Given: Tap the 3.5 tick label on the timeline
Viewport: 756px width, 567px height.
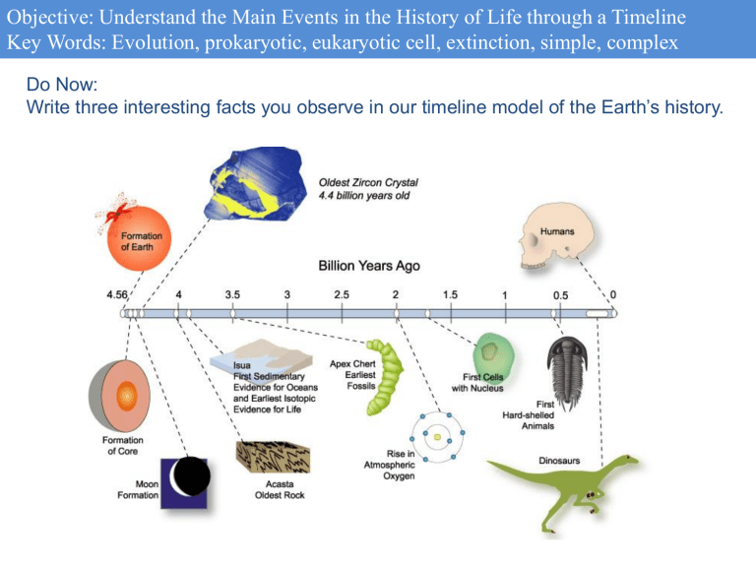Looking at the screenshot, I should tap(233, 293).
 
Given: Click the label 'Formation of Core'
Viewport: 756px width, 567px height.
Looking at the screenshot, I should tap(122, 446).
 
